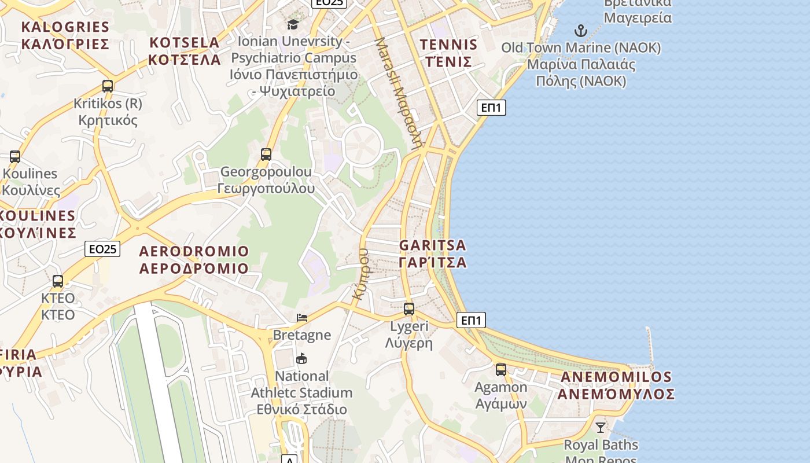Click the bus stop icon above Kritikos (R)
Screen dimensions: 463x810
pos(108,86)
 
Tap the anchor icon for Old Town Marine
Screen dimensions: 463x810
pos(580,31)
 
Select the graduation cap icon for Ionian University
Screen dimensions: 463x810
pos(293,24)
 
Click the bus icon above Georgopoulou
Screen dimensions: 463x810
pos(266,155)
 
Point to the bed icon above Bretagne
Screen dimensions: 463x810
pos(301,317)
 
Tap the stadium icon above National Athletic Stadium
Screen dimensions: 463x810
pos(301,359)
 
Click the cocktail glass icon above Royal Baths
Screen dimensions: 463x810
pos(601,428)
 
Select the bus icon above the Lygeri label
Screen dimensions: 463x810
pos(409,309)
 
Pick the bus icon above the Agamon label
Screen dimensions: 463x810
pos(501,370)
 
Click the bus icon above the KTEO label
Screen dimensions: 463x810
pos(58,281)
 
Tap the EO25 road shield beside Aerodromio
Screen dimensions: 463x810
pos(102,249)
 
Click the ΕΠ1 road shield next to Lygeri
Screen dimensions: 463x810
pos(471,320)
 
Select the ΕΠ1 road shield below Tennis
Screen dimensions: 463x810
pos(491,107)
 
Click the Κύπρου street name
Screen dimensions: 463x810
pos(361,273)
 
